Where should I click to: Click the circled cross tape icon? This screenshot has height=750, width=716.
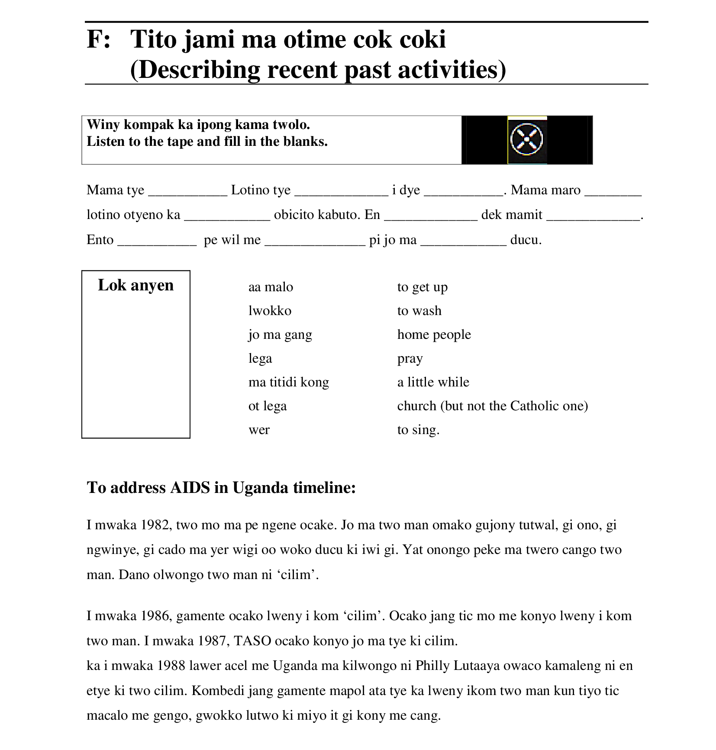point(526,140)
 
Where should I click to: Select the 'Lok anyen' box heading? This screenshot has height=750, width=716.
point(135,285)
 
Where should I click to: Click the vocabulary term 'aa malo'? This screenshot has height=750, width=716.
point(271,287)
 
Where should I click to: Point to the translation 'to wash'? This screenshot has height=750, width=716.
point(419,311)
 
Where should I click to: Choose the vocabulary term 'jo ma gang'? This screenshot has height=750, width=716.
point(280,335)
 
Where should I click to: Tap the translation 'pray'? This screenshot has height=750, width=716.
point(410,359)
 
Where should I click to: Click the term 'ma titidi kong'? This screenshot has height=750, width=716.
point(288,382)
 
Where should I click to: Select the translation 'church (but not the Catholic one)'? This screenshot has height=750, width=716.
point(492,406)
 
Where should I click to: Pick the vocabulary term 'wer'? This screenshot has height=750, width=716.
point(259,430)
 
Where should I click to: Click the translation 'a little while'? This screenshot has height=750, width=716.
point(433,382)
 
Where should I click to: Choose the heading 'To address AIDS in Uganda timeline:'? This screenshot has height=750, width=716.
point(221,488)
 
